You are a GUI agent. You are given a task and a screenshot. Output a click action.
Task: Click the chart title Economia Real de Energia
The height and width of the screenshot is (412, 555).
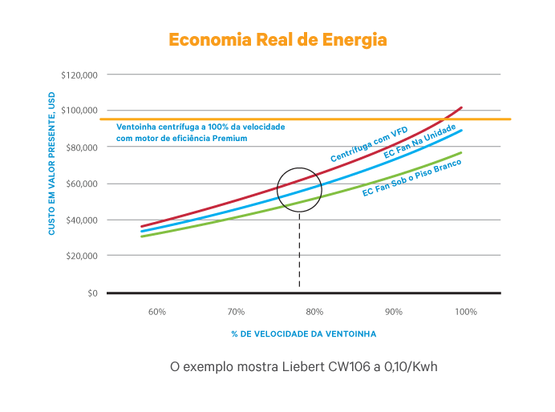(x=277, y=39)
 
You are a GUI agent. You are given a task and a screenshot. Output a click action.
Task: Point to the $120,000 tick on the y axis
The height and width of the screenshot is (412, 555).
(x=79, y=75)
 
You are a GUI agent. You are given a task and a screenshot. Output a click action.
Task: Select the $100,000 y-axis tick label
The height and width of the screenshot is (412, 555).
(x=79, y=111)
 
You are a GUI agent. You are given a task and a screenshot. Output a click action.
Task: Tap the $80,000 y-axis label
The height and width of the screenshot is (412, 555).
(x=80, y=147)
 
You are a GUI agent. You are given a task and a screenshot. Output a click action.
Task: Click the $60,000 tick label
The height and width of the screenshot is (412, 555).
(x=80, y=184)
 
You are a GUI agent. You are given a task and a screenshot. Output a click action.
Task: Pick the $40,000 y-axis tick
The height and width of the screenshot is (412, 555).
(x=80, y=220)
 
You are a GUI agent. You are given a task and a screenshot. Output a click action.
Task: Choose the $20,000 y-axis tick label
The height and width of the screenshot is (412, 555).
(x=80, y=256)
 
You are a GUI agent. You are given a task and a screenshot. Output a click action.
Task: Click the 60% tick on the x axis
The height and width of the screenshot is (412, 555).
(x=157, y=311)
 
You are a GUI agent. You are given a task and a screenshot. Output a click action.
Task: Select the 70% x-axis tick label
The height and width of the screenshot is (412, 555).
(x=236, y=311)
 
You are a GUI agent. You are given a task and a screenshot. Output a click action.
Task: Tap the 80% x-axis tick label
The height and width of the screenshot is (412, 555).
(x=314, y=311)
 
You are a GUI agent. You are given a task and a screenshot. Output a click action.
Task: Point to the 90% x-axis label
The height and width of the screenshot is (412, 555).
(x=393, y=311)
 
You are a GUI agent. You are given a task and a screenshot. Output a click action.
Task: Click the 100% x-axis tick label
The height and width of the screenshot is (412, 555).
(x=467, y=311)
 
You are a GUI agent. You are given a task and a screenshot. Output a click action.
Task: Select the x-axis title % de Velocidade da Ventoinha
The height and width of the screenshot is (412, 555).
(x=303, y=333)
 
